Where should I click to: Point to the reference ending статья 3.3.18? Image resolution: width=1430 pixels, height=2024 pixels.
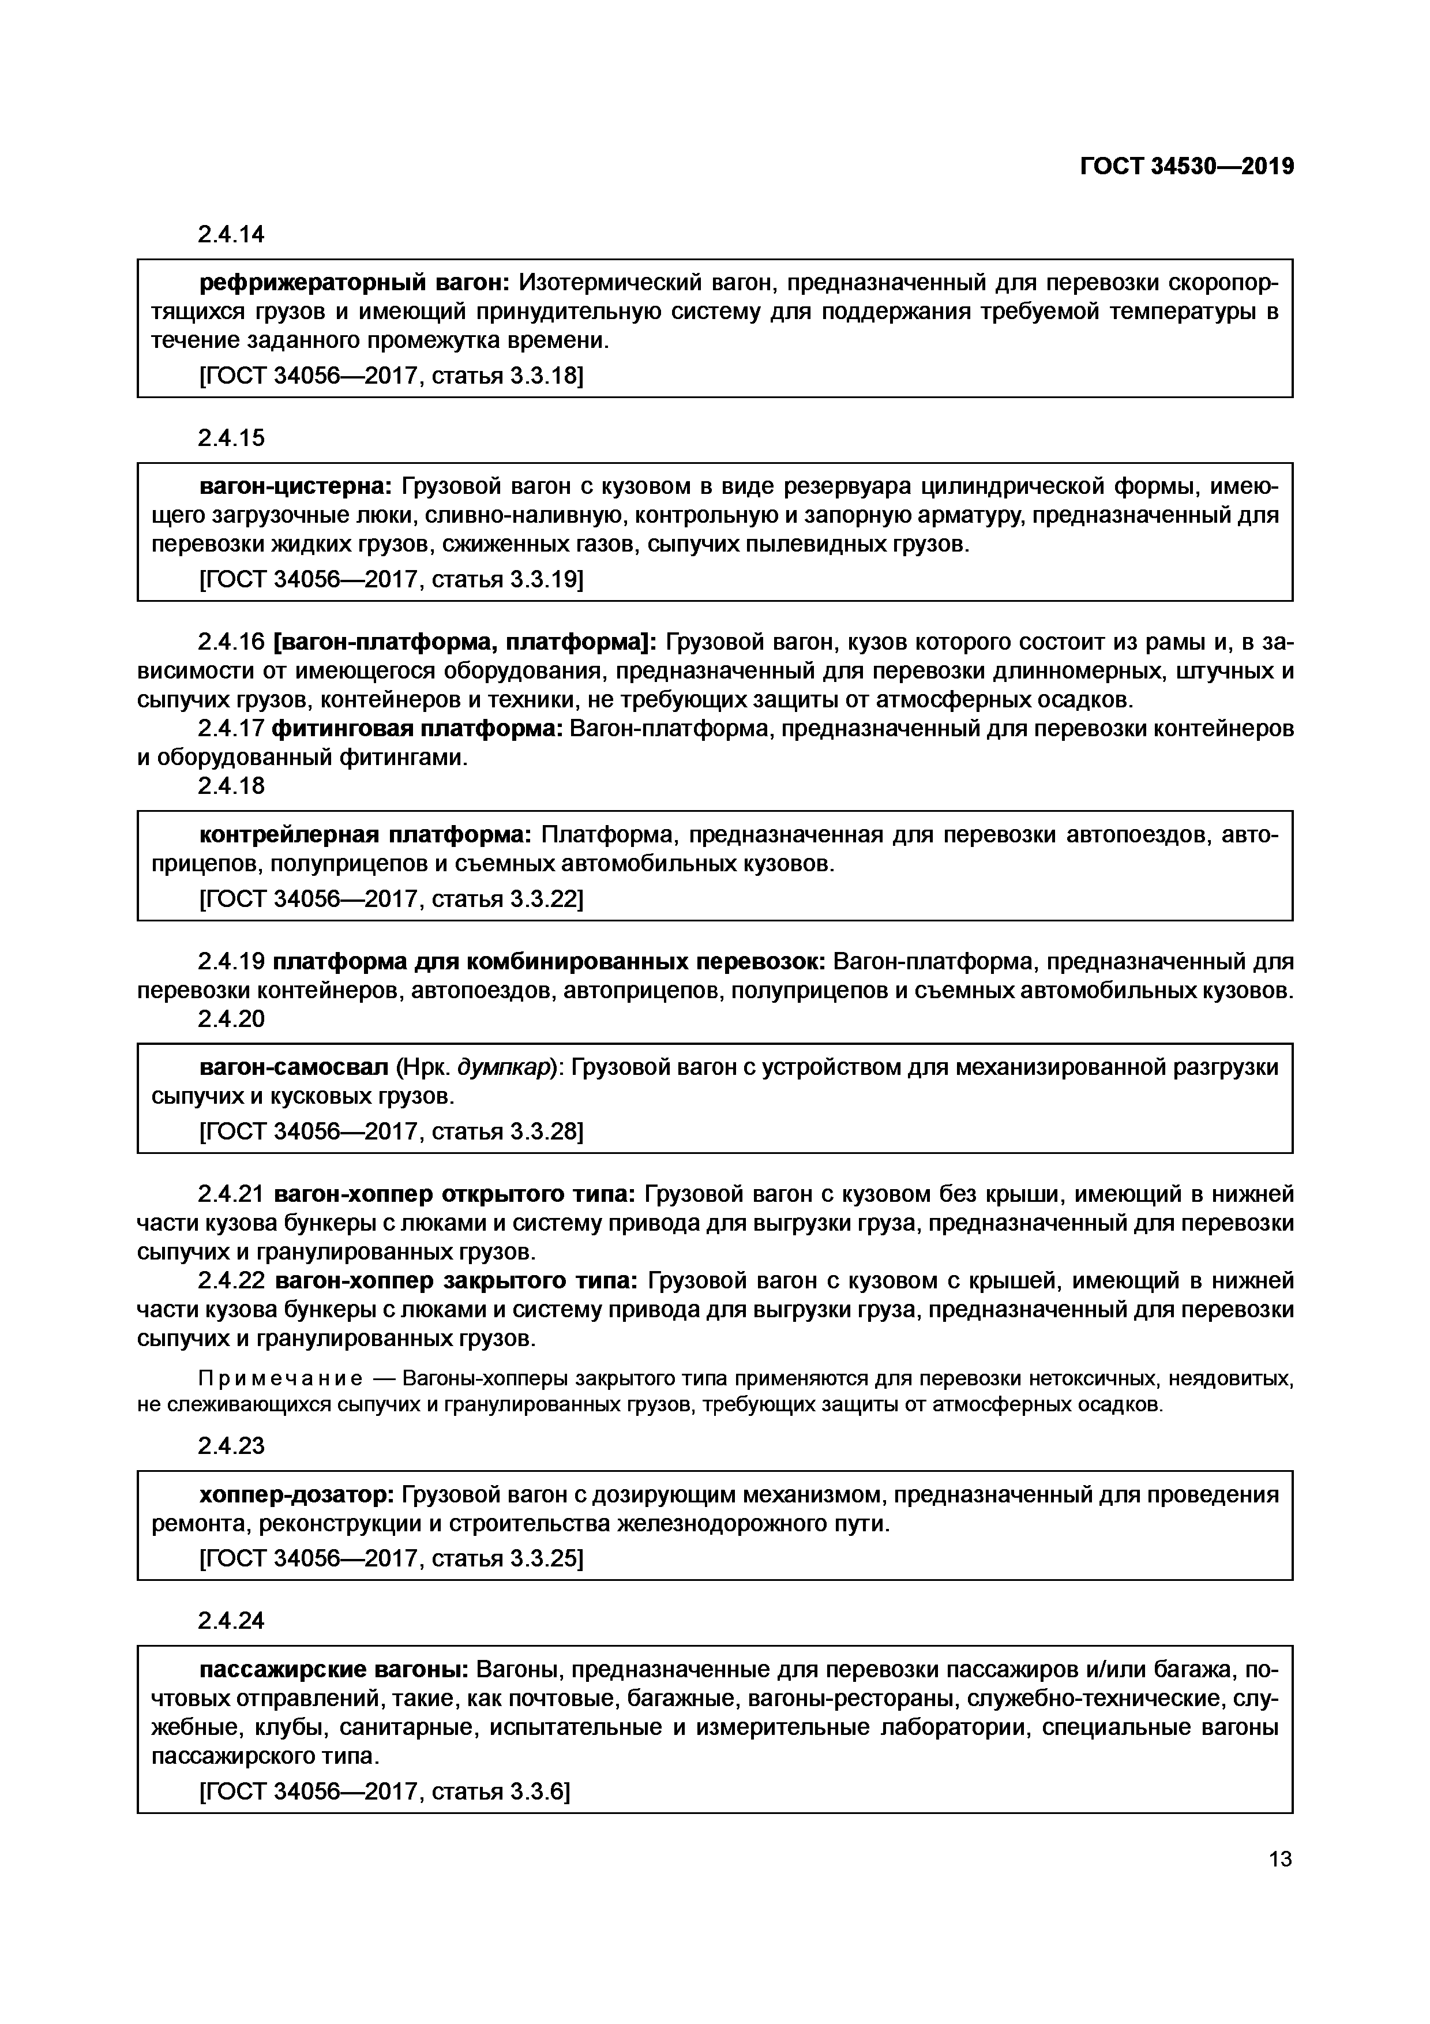coord(392,376)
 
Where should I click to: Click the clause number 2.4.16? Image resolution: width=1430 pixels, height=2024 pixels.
coord(231,642)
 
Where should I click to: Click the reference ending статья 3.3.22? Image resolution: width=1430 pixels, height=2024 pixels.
coord(392,899)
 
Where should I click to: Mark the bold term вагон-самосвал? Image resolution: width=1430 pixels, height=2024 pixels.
coord(294,1067)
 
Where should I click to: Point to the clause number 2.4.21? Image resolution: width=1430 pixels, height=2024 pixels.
coord(231,1194)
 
